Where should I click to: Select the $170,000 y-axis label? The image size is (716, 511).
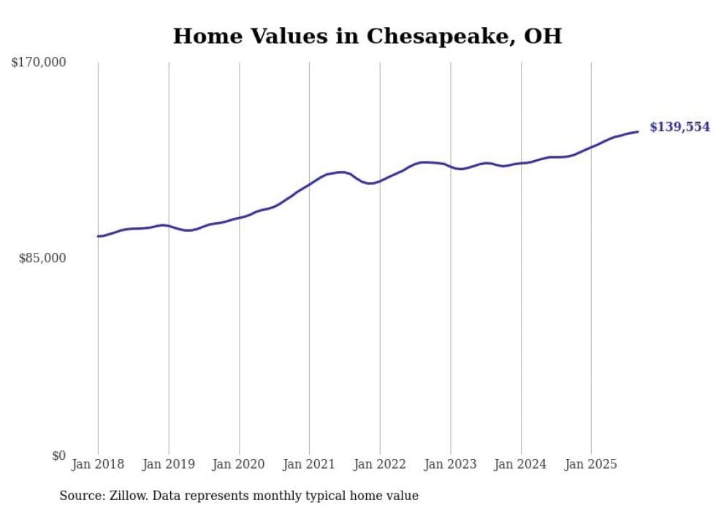39,63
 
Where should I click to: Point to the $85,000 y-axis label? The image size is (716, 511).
42,258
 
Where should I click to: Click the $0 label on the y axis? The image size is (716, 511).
58,456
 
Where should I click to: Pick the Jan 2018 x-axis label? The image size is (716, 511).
98,465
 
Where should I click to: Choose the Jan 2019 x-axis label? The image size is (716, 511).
169,465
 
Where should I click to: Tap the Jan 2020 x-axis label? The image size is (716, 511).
239,465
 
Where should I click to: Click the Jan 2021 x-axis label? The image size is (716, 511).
309,465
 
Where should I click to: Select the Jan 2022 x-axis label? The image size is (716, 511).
380,465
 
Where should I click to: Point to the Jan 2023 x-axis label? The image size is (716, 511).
451,465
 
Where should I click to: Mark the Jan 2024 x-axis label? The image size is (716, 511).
521,465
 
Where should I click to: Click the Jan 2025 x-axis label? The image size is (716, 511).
591,465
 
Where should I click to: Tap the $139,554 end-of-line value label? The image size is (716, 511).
679,127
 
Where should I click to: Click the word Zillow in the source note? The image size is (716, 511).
129,496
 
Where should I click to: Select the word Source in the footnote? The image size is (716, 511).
80,496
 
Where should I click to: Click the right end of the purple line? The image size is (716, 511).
638,132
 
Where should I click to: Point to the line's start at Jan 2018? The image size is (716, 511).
98,236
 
